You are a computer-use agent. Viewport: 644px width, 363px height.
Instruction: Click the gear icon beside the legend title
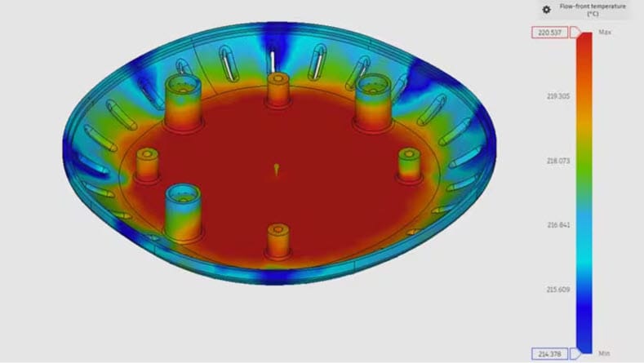pos(546,10)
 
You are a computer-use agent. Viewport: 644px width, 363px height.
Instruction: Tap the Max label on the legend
pos(605,32)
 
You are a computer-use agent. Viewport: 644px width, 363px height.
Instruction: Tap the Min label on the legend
pos(604,353)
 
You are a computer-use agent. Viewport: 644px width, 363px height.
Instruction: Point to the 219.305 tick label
pos(557,96)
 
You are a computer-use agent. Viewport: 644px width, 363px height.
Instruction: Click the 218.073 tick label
pos(557,161)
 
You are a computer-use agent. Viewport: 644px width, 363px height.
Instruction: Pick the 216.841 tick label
pos(557,225)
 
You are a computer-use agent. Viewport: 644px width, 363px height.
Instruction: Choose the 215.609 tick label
pos(557,289)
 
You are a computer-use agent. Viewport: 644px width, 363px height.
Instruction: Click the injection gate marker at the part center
pos(277,169)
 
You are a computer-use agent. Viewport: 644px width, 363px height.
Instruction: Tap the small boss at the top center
pos(277,90)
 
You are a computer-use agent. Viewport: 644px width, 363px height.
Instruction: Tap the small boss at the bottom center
pos(278,240)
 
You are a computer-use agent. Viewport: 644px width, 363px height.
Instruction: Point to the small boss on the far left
pos(147,165)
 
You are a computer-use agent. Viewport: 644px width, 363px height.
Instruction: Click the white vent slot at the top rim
pos(271,60)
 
